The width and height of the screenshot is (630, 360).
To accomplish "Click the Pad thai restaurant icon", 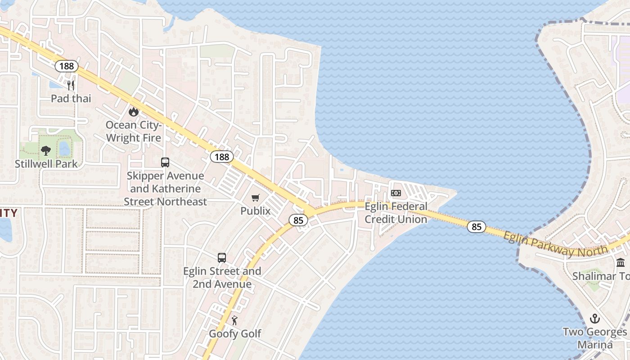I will (x=71, y=85).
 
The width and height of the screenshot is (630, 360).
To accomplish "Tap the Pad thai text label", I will (x=71, y=98).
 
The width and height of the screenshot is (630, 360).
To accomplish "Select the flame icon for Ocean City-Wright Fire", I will (x=133, y=111).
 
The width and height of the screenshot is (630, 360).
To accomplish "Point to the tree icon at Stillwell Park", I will (x=45, y=151).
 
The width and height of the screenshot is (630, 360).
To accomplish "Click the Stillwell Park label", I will (x=46, y=164).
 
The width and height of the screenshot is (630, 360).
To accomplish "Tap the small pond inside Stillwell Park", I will (x=65, y=148).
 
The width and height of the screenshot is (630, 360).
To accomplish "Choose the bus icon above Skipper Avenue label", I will (x=165, y=162).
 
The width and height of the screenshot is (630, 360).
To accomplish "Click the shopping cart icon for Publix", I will (x=256, y=198).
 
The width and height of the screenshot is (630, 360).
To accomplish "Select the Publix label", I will (x=256, y=211).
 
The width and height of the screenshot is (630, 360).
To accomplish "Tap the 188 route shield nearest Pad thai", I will (x=67, y=67).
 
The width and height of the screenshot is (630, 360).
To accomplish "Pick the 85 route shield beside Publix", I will (x=298, y=220).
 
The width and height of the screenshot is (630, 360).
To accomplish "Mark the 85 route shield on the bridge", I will (x=477, y=227).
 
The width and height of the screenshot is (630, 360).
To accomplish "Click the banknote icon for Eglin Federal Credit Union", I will (x=396, y=193).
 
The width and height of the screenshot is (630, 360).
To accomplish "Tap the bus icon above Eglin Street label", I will (x=222, y=258).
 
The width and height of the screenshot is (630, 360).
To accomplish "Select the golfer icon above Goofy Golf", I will (x=234, y=321).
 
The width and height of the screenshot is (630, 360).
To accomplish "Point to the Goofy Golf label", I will (x=235, y=334).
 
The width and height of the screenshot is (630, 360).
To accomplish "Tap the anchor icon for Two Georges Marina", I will (x=595, y=319).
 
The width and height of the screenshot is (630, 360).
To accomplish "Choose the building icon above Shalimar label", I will (x=621, y=263).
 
